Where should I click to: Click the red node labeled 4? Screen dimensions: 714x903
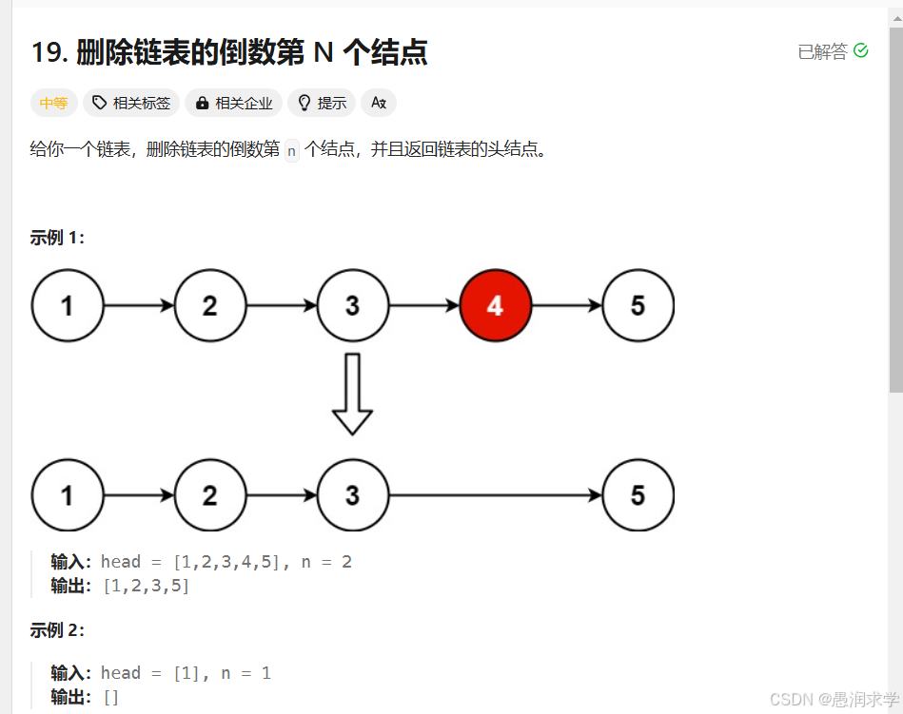click(x=495, y=305)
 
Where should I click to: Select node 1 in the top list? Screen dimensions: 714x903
click(x=67, y=305)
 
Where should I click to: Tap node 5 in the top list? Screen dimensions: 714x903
click(x=638, y=305)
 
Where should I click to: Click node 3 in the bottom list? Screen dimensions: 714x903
click(x=352, y=495)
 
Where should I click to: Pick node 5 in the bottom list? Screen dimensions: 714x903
click(x=638, y=495)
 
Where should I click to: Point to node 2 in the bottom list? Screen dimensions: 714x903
click(x=209, y=495)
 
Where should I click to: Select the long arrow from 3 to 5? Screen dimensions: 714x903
click(x=495, y=495)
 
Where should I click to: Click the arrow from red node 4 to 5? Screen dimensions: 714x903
click(x=566, y=305)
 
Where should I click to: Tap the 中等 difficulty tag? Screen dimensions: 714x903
click(x=53, y=103)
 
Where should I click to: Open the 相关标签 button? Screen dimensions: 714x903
click(x=131, y=103)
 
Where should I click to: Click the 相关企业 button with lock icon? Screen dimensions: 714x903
click(x=234, y=103)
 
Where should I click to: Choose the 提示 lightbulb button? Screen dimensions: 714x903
click(x=323, y=103)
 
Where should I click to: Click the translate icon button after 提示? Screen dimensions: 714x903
click(x=379, y=103)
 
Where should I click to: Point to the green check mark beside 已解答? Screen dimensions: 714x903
click(x=861, y=50)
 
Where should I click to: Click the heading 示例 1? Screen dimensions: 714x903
click(x=57, y=238)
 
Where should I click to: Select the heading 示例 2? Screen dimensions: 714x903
click(x=57, y=630)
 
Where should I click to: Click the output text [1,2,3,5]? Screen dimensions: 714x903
click(x=146, y=586)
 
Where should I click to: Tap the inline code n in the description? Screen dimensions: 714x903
click(x=291, y=150)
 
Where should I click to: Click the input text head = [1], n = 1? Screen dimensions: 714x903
click(x=186, y=673)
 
